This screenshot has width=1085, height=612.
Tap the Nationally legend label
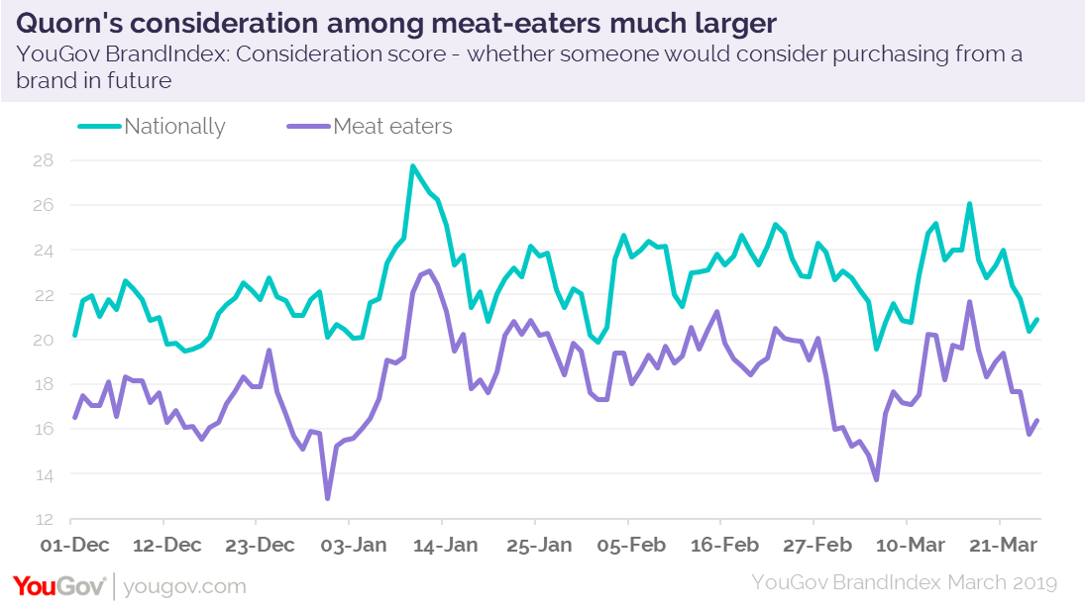(x=174, y=127)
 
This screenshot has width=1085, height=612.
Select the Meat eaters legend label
(x=392, y=127)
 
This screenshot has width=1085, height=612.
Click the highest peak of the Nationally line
(x=412, y=166)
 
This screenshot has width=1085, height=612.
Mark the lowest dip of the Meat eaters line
(x=327, y=498)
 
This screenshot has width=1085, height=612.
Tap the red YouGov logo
(x=59, y=585)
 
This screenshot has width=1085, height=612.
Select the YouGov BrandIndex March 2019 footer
(x=904, y=582)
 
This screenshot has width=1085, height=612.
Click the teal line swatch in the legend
(x=100, y=127)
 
